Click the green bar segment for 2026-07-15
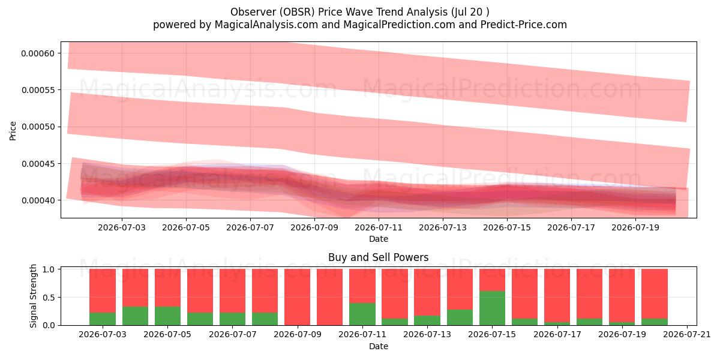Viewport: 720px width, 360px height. [x=492, y=308]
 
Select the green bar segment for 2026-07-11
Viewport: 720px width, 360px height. [x=362, y=314]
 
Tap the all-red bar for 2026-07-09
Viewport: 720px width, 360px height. [x=298, y=297]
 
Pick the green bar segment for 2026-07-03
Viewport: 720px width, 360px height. [x=103, y=319]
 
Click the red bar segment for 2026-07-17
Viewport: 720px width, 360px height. [x=557, y=296]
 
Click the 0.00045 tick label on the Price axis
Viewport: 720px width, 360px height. [x=38, y=164]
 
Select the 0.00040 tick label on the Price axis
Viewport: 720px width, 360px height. [x=38, y=200]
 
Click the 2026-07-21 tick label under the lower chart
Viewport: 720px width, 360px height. [x=687, y=335]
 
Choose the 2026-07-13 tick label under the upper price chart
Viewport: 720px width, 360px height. [x=443, y=227]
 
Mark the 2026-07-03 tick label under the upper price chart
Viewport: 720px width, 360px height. [x=122, y=227]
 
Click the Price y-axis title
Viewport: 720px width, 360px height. [x=13, y=131]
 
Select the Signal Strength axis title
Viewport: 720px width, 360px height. [x=33, y=296]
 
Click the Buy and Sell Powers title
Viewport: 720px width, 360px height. [x=379, y=257]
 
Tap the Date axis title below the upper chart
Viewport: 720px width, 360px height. [x=379, y=239]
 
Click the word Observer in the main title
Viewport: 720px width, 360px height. [x=253, y=12]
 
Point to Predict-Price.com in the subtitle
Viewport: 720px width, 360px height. [x=524, y=25]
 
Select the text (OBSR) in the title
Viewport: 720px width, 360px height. [x=296, y=12]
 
